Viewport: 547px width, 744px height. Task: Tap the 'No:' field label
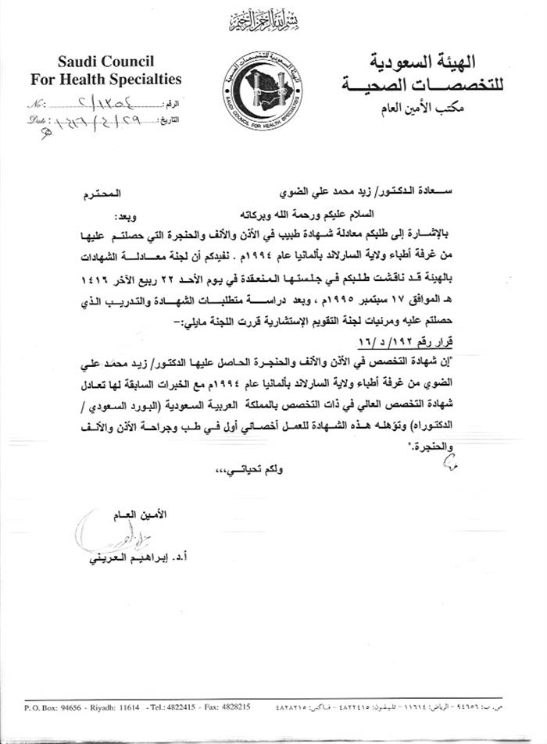coord(35,103)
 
